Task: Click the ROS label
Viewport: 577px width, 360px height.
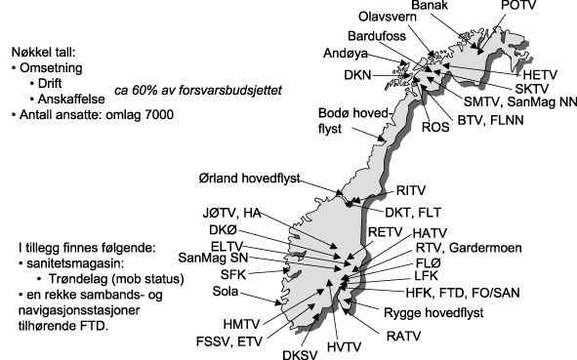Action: click(433, 124)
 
